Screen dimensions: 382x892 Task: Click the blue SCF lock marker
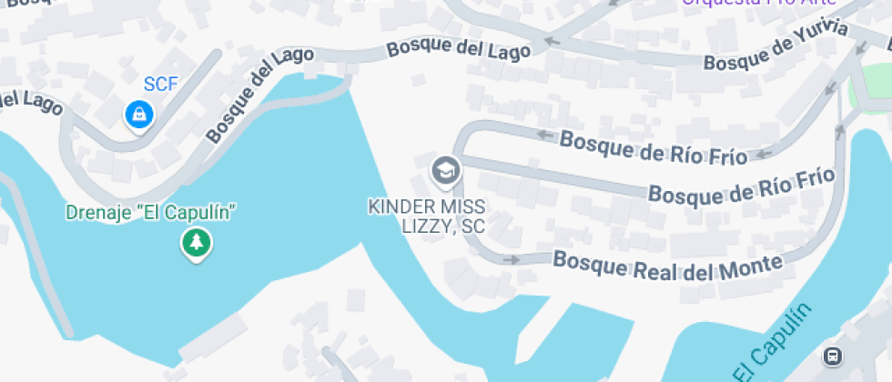pyautogui.click(x=138, y=115)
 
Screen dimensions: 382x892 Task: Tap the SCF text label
pyautogui.click(x=160, y=85)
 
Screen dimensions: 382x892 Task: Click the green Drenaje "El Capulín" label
pyautogui.click(x=151, y=213)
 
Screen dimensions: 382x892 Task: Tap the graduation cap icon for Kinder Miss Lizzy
pyautogui.click(x=445, y=169)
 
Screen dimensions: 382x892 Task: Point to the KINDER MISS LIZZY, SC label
pyautogui.click(x=427, y=216)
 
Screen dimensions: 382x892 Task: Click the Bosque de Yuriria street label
pyautogui.click(x=776, y=48)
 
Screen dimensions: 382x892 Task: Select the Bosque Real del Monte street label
pyautogui.click(x=668, y=264)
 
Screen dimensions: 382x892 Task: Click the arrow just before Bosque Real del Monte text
pyautogui.click(x=512, y=259)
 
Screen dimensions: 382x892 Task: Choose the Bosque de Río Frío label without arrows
pyautogui.click(x=741, y=185)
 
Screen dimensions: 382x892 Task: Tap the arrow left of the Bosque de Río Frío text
pyautogui.click(x=545, y=135)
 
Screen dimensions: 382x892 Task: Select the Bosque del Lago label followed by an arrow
pyautogui.click(x=458, y=49)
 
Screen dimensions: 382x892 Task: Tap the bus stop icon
pyautogui.click(x=832, y=355)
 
